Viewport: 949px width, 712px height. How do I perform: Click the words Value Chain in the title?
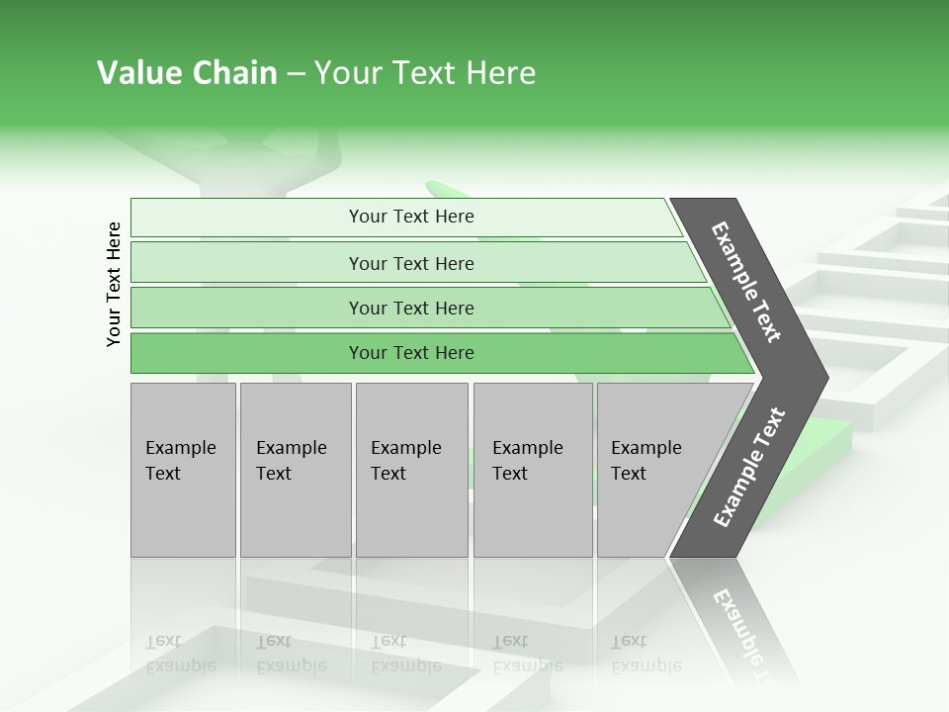point(187,73)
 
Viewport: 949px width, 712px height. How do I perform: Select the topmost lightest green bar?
point(247,218)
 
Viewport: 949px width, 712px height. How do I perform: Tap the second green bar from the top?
point(247,263)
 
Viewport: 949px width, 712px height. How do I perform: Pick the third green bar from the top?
point(247,308)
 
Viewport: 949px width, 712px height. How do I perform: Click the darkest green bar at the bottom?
point(247,353)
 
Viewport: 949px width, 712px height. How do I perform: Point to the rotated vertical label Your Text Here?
point(115,285)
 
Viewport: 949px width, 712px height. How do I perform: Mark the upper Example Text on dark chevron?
point(746,282)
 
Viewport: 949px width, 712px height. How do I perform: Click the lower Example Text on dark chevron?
point(748,468)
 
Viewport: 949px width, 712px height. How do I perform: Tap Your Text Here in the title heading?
point(425,73)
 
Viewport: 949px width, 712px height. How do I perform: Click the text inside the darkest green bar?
point(411,353)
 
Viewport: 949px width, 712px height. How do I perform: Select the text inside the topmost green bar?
point(411,217)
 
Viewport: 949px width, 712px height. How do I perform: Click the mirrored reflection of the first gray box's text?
point(180,654)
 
